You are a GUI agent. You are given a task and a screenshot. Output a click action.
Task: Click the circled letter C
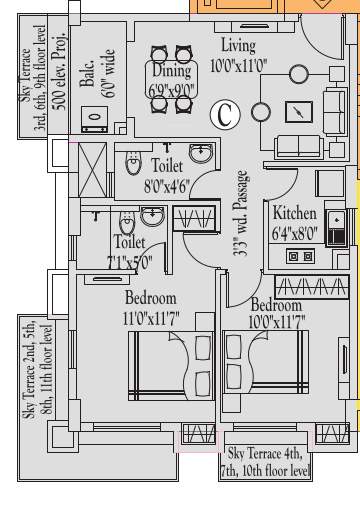coord(225,115)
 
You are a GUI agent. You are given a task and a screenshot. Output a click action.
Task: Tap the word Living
coord(238,45)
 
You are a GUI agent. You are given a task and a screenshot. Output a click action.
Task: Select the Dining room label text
coord(172,72)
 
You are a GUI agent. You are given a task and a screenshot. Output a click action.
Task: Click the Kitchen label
coord(295,214)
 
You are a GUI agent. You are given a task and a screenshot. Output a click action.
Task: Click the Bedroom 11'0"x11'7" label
coord(150,308)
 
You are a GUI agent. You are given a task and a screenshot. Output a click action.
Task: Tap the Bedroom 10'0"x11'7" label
coord(277,313)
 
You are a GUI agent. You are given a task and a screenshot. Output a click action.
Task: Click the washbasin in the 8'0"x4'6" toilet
coord(201,154)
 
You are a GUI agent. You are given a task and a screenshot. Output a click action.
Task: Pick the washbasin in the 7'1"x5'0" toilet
coord(151,215)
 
